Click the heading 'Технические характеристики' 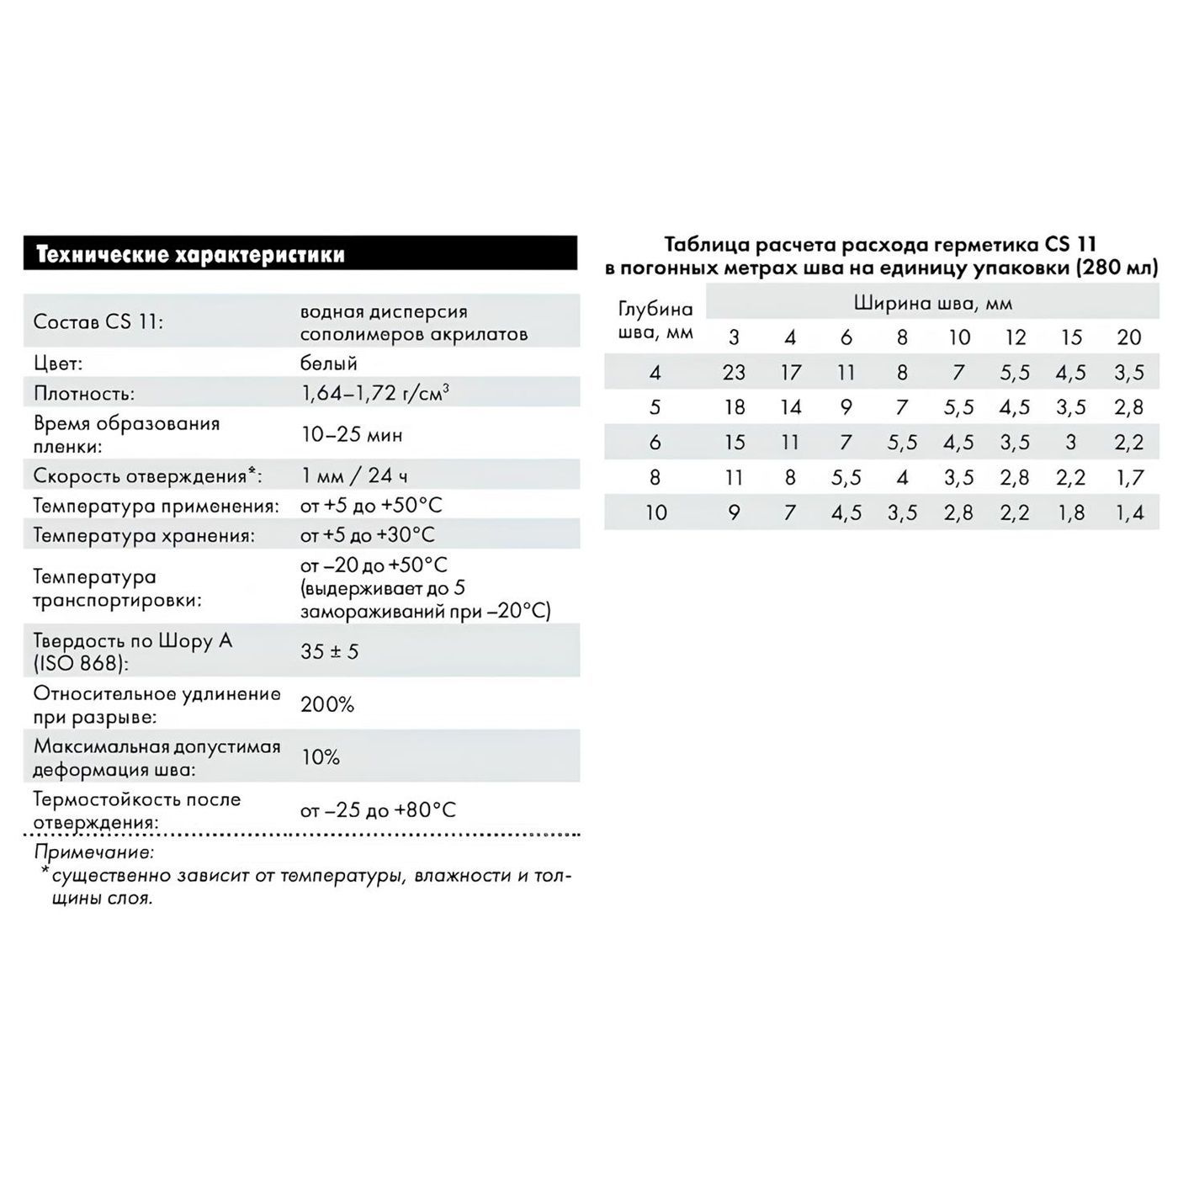[190, 255]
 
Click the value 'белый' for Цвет [329, 363]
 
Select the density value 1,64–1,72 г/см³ [374, 393]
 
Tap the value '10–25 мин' [352, 435]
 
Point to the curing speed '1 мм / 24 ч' [354, 475]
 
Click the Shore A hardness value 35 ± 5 [329, 651]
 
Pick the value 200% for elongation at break [327, 704]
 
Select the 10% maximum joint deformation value [321, 757]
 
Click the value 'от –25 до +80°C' [378, 810]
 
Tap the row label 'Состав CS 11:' [98, 322]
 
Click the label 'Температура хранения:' [143, 535]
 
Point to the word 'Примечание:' [94, 852]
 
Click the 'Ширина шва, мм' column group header [932, 303]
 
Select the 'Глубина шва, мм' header [655, 321]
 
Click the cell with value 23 [734, 372]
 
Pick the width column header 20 [1128, 337]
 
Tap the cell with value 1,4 [1128, 512]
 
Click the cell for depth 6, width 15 [1071, 443]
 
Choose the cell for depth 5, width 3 [734, 407]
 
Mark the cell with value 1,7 [1128, 478]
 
